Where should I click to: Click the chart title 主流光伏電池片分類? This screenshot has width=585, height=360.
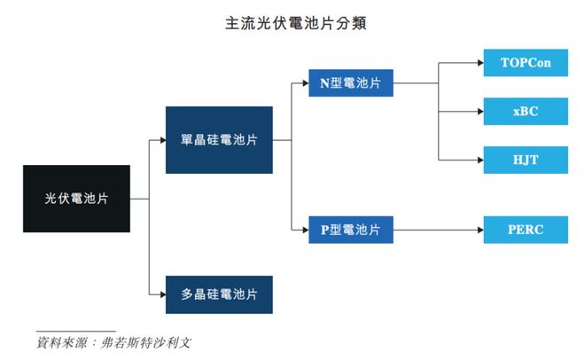(x=292, y=23)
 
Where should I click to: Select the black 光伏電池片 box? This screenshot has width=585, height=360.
(x=76, y=199)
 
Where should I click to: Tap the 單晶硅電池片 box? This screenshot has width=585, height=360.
(x=219, y=140)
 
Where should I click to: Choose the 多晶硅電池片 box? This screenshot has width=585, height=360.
(x=219, y=294)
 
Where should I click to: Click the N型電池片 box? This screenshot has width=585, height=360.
(x=350, y=83)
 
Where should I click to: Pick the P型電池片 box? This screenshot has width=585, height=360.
(x=350, y=230)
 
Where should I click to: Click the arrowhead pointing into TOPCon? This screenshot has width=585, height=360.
(x=479, y=64)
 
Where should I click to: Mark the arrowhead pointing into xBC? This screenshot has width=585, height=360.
(x=479, y=112)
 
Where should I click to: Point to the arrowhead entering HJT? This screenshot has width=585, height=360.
(x=479, y=160)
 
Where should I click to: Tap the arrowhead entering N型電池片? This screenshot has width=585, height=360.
(x=304, y=83)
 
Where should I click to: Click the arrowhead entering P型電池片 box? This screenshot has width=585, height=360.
(x=304, y=230)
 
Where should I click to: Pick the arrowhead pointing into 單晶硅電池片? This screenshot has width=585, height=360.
(x=161, y=140)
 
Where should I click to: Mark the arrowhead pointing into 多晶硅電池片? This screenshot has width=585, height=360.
(x=161, y=294)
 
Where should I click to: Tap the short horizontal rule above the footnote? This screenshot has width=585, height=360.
(x=74, y=330)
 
